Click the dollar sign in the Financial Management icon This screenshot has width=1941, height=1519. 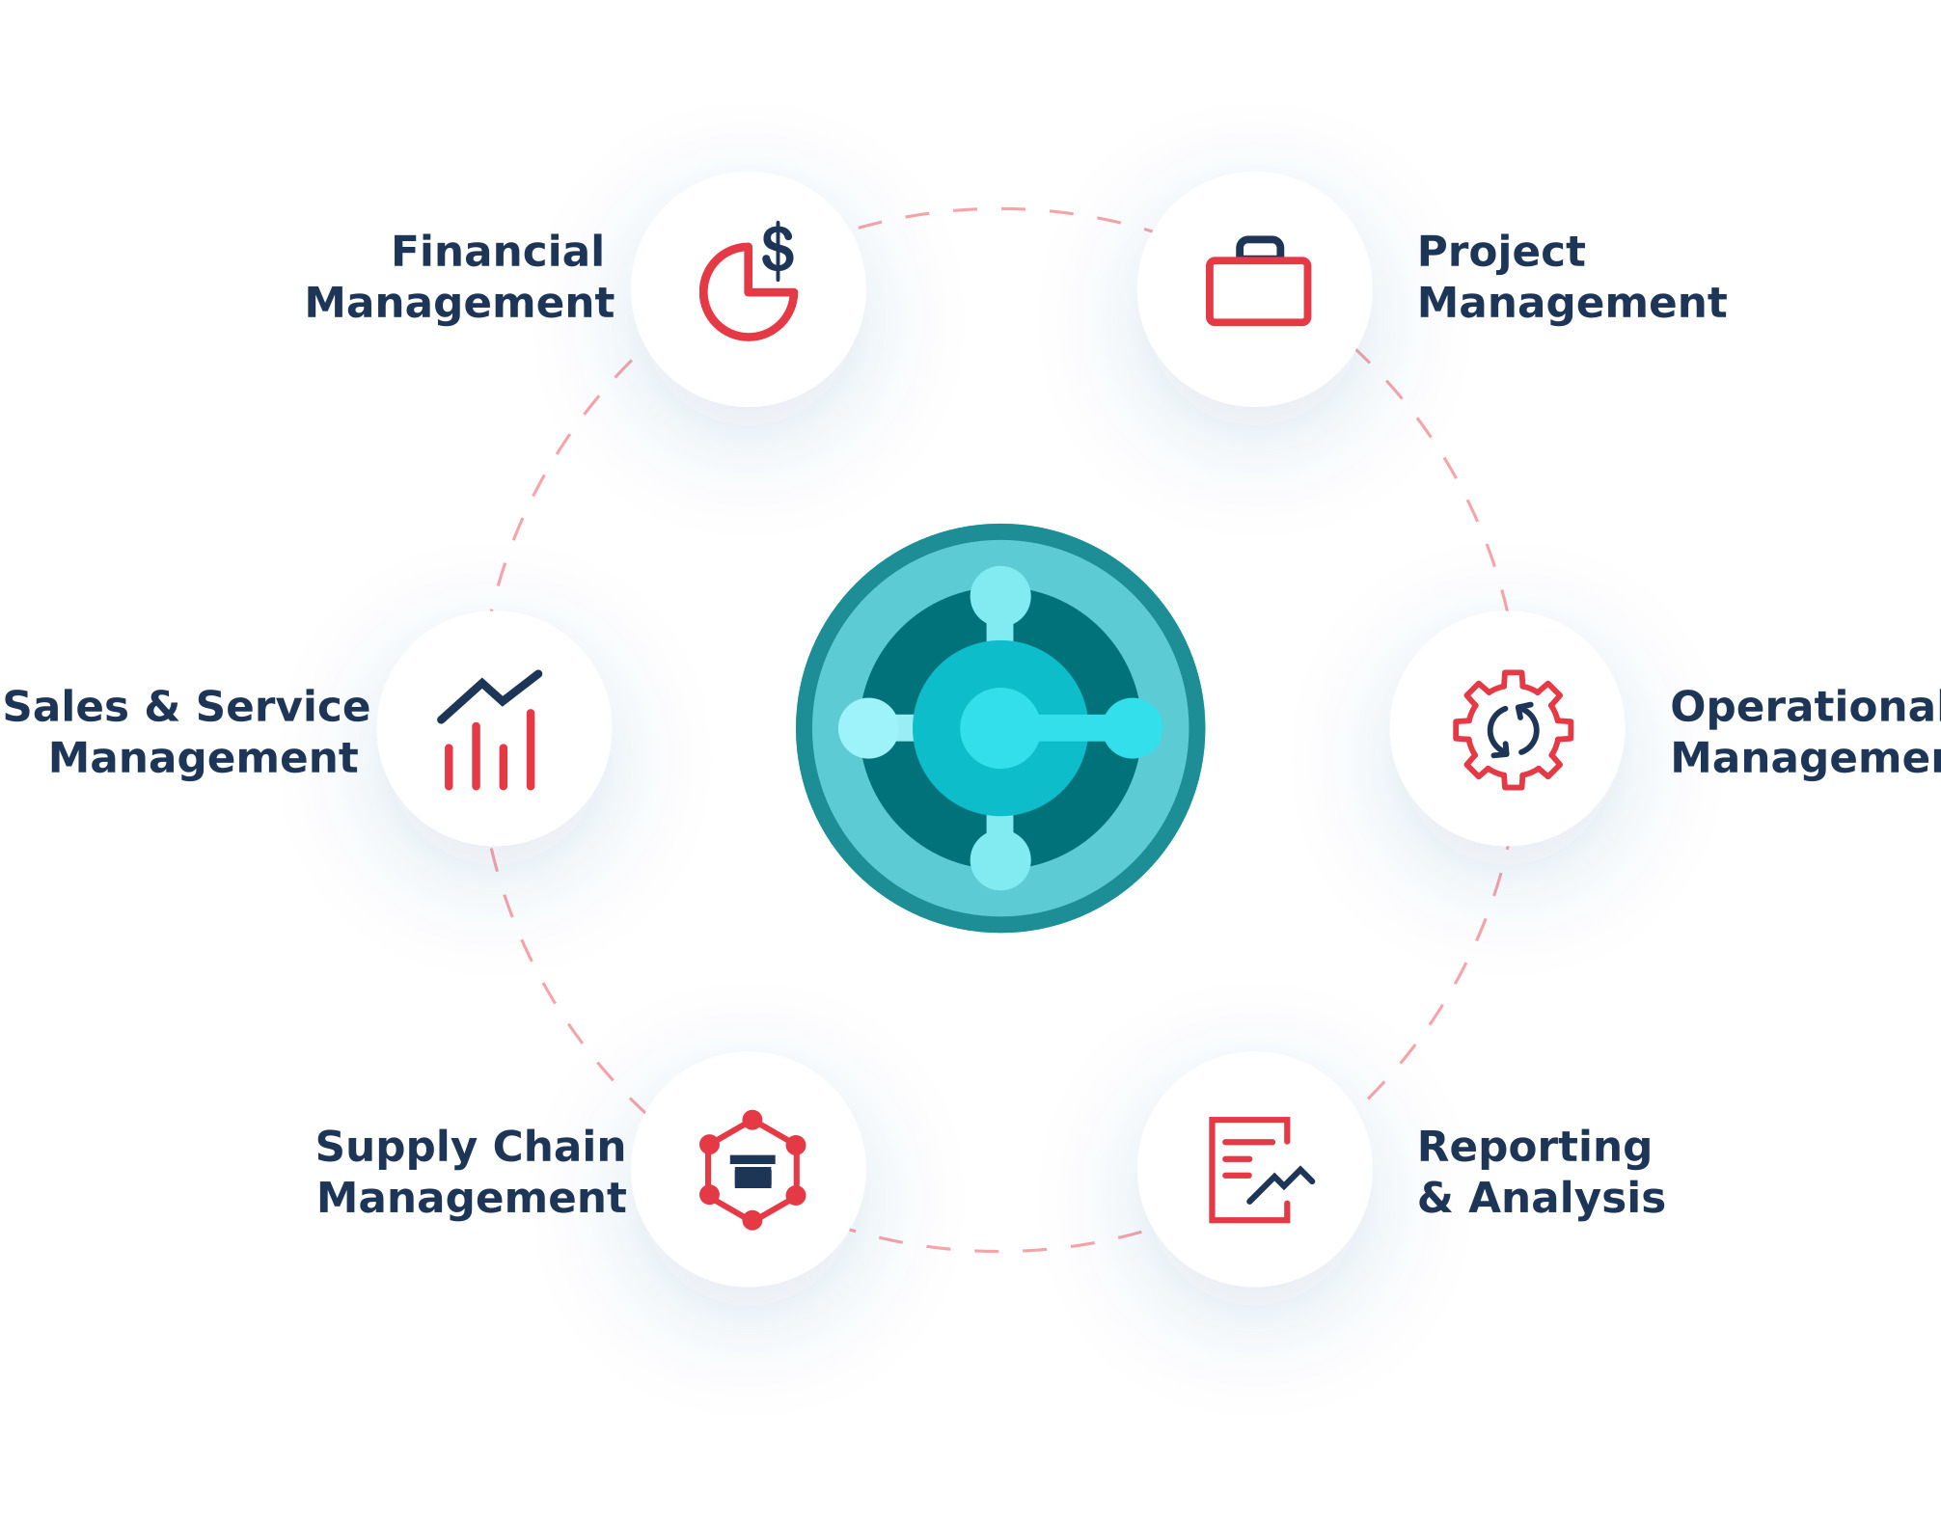pos(778,251)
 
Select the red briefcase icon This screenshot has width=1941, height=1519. pos(1258,282)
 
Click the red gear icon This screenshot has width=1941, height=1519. pos(1513,730)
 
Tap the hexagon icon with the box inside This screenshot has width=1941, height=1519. pos(752,1170)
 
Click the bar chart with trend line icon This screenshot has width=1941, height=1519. pos(490,730)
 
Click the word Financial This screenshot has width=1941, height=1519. pos(498,252)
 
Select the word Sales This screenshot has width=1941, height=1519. pos(66,707)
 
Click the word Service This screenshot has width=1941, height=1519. pos(283,707)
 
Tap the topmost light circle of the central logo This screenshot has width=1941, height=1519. pos(1000,596)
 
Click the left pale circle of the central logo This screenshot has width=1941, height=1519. pos(868,728)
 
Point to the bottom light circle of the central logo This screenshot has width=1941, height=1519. pos(1000,860)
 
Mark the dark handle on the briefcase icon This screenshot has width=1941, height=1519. pos(1260,247)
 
